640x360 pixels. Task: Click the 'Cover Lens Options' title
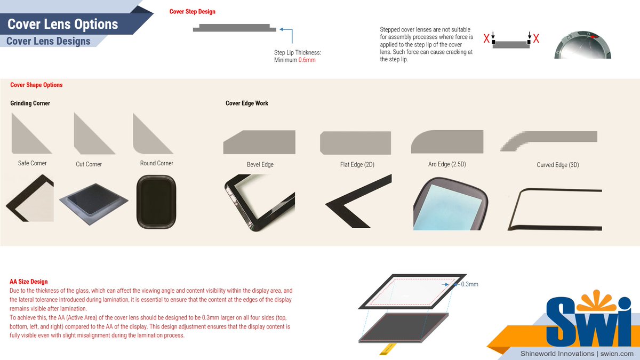[x=62, y=24]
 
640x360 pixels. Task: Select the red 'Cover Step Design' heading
[x=193, y=11]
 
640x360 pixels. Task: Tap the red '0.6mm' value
[x=307, y=60]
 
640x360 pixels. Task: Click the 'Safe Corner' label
[x=33, y=163]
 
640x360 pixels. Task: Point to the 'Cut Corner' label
[x=89, y=164]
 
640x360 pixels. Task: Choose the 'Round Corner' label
[x=157, y=163]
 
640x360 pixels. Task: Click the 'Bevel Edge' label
[x=260, y=165]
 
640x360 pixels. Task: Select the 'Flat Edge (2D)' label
[x=357, y=165]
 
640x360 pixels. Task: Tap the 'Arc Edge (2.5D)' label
[x=447, y=164]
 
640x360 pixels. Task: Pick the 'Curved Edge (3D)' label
[x=558, y=165]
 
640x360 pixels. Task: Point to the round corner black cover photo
[x=156, y=202]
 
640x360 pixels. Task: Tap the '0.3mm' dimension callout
[x=469, y=284]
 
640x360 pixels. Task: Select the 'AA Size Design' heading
[x=29, y=282]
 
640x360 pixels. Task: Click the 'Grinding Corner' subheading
[x=30, y=103]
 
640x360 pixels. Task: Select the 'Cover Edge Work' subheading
[x=247, y=103]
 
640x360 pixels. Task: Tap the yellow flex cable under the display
[x=388, y=349]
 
